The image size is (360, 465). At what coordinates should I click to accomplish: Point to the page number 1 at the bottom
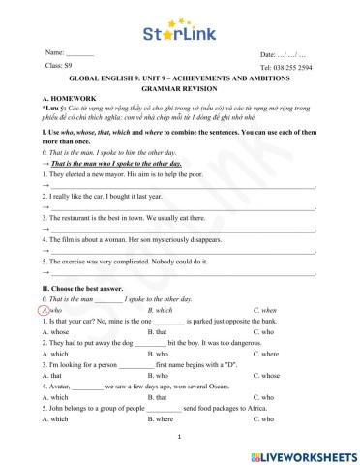click(180, 437)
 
